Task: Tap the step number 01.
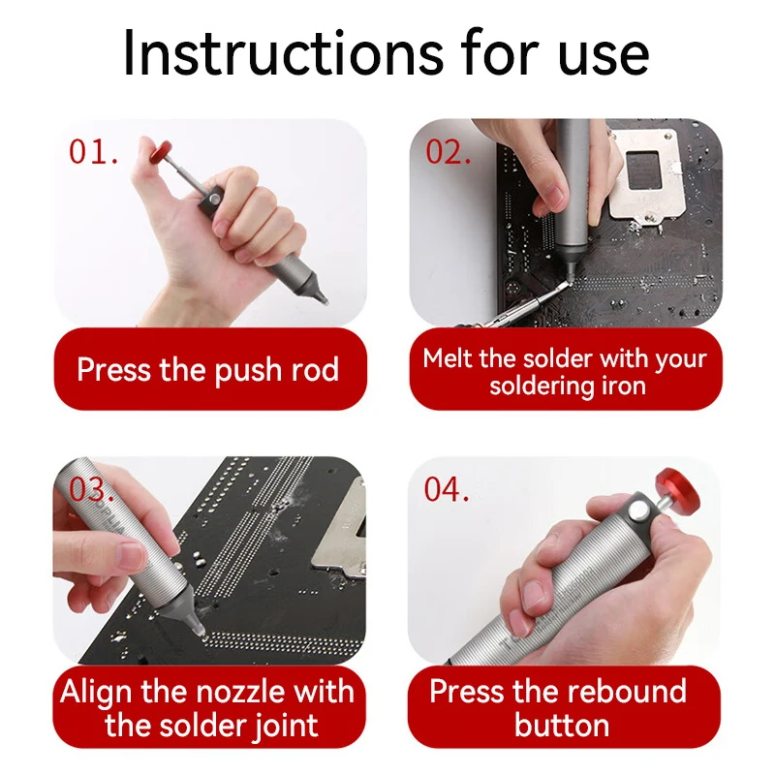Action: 94,152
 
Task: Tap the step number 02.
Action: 449,152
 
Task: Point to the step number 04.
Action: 447,489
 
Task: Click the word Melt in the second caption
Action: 448,357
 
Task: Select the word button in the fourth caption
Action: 562,726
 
